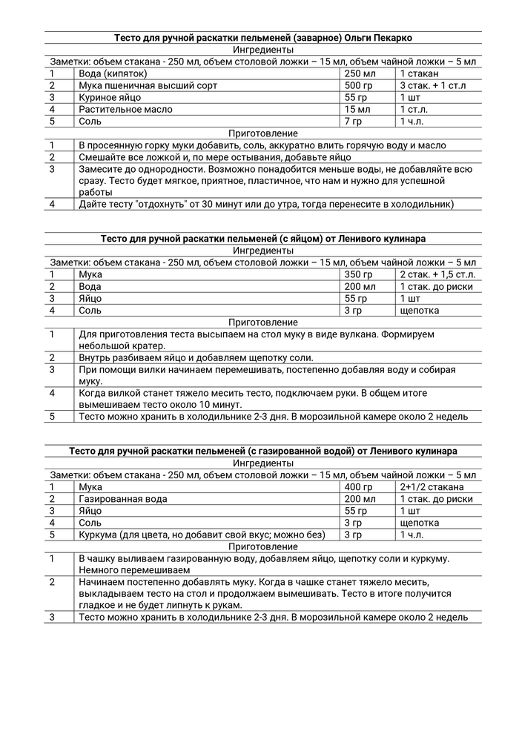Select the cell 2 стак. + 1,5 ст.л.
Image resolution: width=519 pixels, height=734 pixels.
(437, 274)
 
